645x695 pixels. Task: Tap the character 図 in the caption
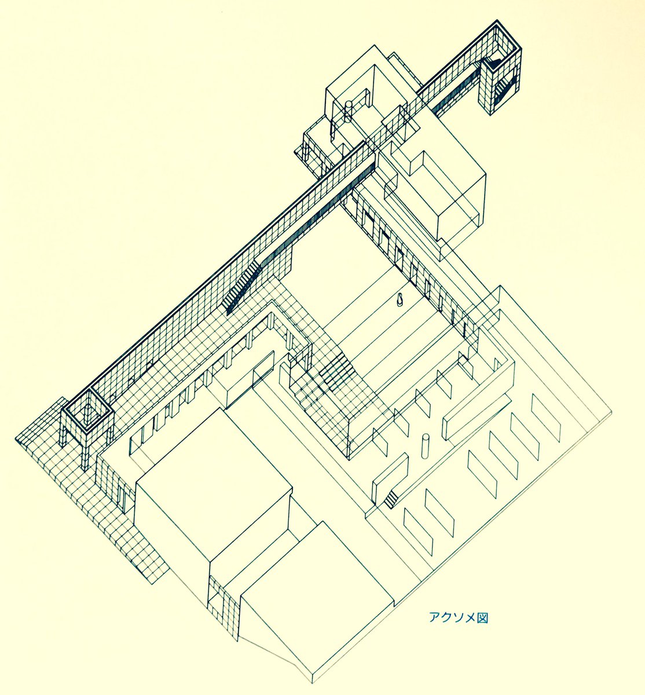click(x=483, y=617)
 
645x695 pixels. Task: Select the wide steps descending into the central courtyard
click(x=335, y=371)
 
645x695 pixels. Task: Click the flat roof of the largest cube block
click(x=211, y=487)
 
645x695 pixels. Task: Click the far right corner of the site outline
click(x=612, y=412)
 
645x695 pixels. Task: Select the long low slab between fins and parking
click(x=475, y=416)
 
